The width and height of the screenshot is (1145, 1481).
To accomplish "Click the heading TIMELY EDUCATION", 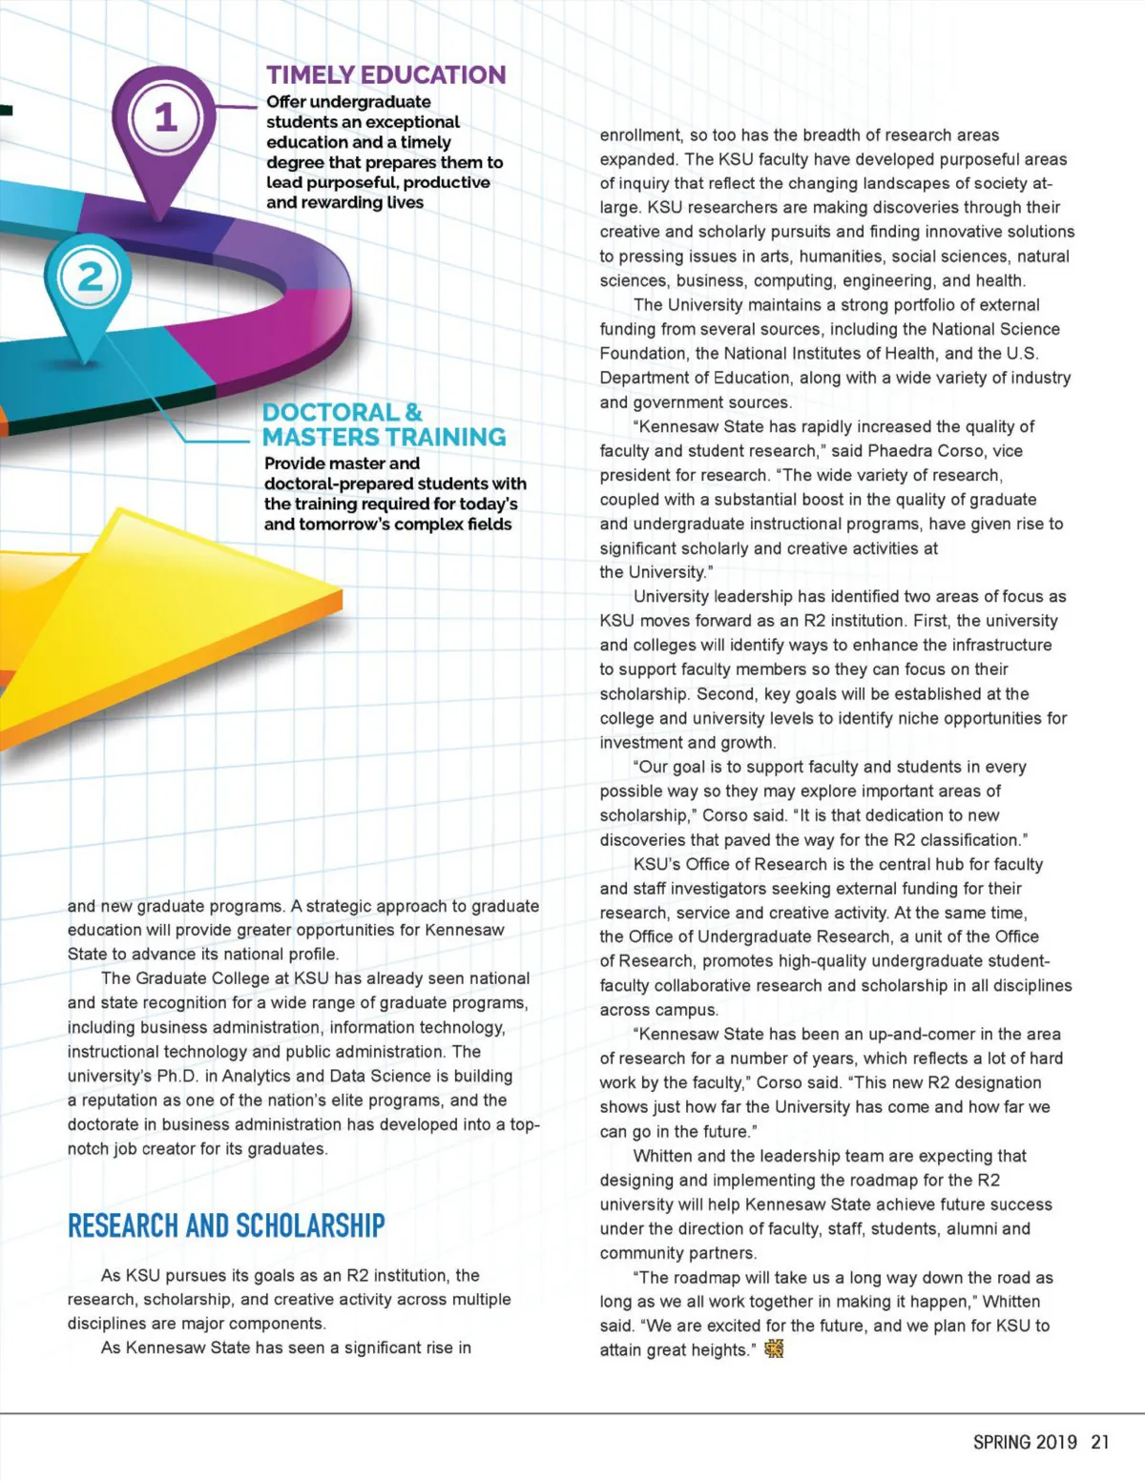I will (385, 74).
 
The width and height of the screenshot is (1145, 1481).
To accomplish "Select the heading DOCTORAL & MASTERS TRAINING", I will (384, 424).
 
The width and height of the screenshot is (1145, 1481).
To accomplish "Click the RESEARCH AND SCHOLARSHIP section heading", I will (226, 1225).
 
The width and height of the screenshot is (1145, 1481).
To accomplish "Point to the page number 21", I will (1100, 1442).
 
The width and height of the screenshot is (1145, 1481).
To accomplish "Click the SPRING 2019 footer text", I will (1025, 1442).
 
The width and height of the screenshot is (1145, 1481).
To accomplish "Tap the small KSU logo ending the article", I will (774, 1349).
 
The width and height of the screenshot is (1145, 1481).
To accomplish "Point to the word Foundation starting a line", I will (638, 354).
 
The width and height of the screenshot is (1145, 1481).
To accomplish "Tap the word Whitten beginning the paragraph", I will (664, 1156).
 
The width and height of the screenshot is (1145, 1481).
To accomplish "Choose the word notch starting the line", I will (89, 1149).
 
